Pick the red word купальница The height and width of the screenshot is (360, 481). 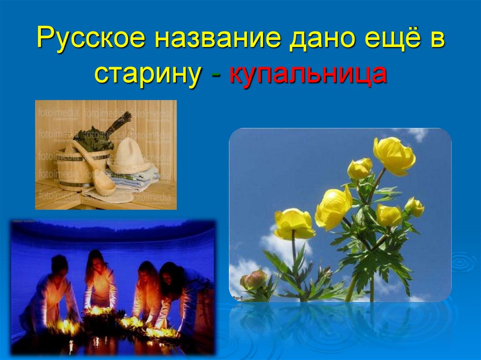(x=308, y=75)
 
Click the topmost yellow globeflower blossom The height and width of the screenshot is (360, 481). (x=394, y=155)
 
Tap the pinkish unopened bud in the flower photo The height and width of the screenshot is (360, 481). (x=254, y=280)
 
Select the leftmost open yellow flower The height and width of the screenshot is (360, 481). (x=294, y=224)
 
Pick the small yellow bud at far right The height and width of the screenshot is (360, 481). (x=414, y=207)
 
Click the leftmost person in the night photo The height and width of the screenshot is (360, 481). (x=56, y=291)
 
